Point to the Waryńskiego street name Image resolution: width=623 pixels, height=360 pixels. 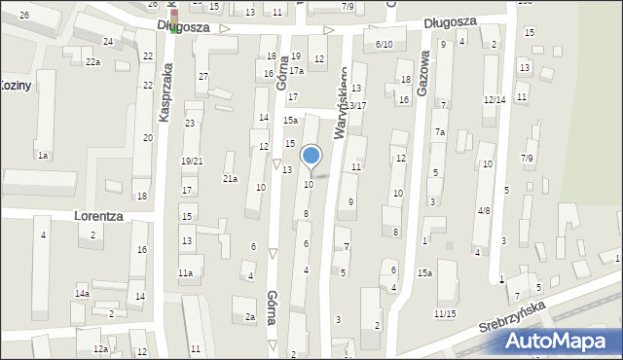pyautogui.click(x=343, y=101)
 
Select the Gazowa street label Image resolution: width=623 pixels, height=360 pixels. pyautogui.click(x=422, y=73)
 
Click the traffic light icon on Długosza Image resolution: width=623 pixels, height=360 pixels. pyautogui.click(x=173, y=26)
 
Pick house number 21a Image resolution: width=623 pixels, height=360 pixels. pyautogui.click(x=230, y=178)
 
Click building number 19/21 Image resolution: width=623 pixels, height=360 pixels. pyautogui.click(x=192, y=161)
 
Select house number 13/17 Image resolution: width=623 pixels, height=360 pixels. pyautogui.click(x=356, y=105)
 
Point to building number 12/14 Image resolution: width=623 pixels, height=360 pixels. pyautogui.click(x=495, y=100)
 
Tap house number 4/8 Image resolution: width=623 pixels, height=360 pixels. pyautogui.click(x=484, y=210)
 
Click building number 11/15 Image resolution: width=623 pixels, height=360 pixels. pyautogui.click(x=445, y=313)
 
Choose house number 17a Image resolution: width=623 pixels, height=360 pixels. pyautogui.click(x=296, y=71)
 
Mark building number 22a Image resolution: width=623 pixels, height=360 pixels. pyautogui.click(x=92, y=62)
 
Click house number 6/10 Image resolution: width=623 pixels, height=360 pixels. pyautogui.click(x=384, y=45)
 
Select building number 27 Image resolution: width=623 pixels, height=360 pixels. pyautogui.click(x=202, y=76)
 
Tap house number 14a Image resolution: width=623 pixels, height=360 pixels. pyautogui.click(x=82, y=293)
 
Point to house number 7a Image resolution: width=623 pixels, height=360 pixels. pyautogui.click(x=440, y=132)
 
